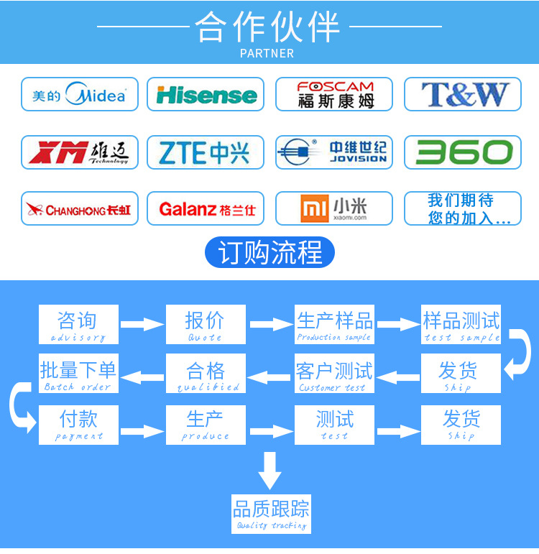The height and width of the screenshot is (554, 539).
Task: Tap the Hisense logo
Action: (206, 94)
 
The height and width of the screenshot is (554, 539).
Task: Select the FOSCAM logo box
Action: (334, 94)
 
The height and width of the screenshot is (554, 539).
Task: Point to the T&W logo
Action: (463, 94)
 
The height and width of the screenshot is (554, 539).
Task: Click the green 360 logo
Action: (463, 152)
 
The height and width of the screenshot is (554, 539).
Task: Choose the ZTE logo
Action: (206, 152)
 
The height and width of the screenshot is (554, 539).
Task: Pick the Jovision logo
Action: (334, 152)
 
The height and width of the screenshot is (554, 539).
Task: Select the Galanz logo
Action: (206, 209)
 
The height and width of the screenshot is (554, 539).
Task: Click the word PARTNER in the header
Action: (267, 53)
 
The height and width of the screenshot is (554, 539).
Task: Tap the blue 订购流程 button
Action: (269, 253)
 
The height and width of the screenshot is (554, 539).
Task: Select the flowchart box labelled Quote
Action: (206, 324)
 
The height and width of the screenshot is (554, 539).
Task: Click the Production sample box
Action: (334, 324)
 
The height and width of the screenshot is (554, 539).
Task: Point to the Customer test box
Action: (334, 374)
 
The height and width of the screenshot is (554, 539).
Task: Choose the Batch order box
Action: (78, 374)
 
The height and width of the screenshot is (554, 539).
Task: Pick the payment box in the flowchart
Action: (78, 425)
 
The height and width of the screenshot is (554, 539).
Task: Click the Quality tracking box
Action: (271, 513)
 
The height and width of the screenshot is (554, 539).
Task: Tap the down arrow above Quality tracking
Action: (270, 470)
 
